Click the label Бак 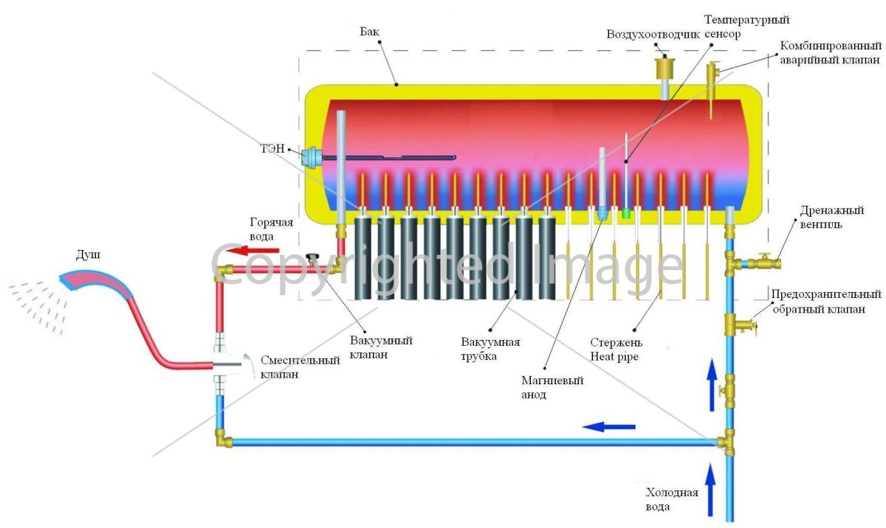369,32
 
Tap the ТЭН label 272,148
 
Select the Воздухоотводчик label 653,35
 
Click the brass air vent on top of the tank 665,68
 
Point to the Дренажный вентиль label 832,218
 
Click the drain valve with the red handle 766,263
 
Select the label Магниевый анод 552,387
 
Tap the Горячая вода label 272,229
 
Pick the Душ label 88,254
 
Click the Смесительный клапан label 300,367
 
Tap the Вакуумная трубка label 490,349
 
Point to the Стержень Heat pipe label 617,350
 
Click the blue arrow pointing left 608,426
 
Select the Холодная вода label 672,499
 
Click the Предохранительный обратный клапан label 826,302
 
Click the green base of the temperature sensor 626,214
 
